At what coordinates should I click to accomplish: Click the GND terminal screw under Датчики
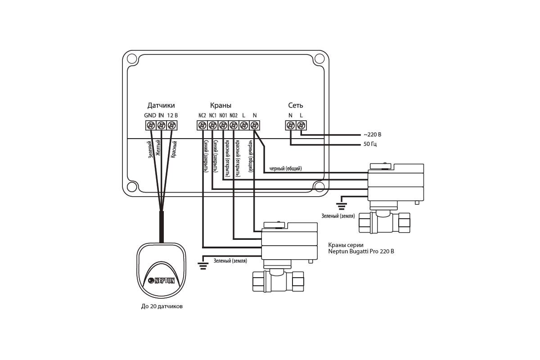pos(151,126)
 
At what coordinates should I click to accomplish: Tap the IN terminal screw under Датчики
pos(161,126)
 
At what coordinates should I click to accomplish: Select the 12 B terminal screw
pos(171,126)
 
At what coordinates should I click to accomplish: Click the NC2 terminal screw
pos(202,126)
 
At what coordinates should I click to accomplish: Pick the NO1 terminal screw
pos(223,126)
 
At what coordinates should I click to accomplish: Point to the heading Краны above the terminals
pos(220,105)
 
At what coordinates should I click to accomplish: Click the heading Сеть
pos(296,105)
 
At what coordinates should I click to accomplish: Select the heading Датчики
pos(161,105)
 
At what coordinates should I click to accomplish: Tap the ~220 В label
pos(372,135)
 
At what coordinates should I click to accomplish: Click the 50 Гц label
pos(370,144)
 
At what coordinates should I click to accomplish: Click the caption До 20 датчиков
pos(162,306)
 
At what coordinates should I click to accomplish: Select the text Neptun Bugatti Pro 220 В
pos(361,252)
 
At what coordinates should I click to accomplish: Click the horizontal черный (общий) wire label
pos(285,169)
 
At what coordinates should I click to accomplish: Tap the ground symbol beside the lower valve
pos(203,265)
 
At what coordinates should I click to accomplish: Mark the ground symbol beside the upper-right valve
pos(342,205)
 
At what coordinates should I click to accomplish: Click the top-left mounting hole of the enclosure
pos(132,58)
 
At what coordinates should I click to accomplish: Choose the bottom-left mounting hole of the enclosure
pos(132,187)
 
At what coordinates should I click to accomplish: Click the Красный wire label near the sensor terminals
pos(174,149)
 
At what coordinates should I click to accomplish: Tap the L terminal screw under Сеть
pos(301,126)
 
